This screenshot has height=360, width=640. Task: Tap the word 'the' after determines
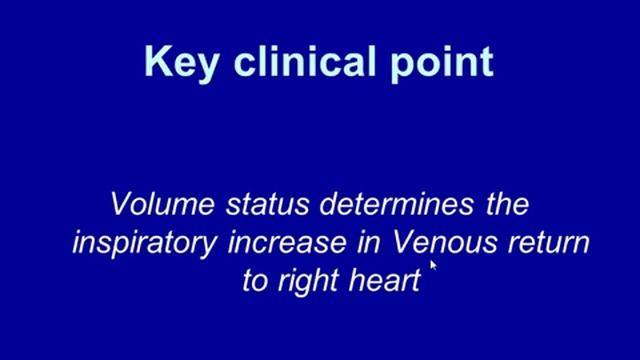tap(499, 205)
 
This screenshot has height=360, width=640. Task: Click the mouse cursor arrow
tap(434, 266)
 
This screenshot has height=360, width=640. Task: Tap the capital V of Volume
tap(121, 205)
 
